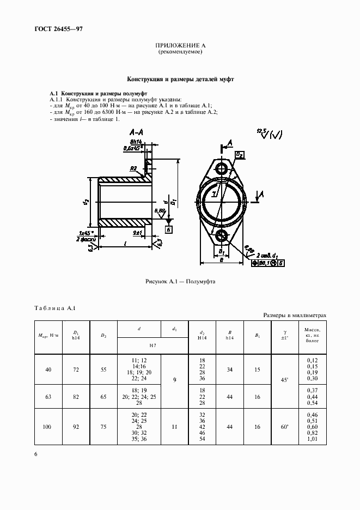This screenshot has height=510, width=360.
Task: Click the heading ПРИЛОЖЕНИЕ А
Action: [x=180, y=46]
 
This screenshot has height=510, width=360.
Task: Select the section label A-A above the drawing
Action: [x=136, y=132]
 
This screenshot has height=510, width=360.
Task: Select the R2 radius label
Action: [x=133, y=169]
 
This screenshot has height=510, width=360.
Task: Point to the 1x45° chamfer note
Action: [x=87, y=233]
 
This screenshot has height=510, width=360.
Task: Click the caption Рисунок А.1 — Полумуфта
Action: [x=180, y=282]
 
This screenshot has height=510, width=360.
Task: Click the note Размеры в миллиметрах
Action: [x=295, y=315]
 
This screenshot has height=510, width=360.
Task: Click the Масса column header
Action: [x=312, y=337]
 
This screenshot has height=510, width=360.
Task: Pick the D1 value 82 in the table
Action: [x=75, y=397]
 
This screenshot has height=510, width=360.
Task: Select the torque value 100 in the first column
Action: [x=48, y=428]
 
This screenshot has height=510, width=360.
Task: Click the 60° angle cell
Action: [x=284, y=428]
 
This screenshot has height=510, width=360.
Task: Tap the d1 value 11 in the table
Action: [x=174, y=428]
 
